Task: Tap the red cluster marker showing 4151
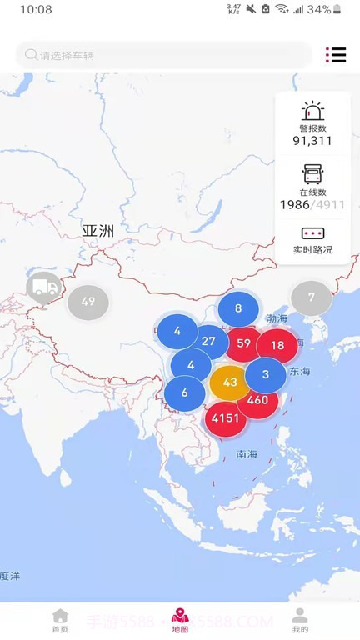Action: pyautogui.click(x=226, y=417)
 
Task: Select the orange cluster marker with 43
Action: pyautogui.click(x=230, y=382)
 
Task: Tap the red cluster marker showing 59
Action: pyautogui.click(x=244, y=342)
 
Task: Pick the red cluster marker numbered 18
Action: pyautogui.click(x=277, y=345)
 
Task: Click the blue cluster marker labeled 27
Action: pyautogui.click(x=208, y=341)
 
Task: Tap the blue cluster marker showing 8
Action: pyautogui.click(x=238, y=308)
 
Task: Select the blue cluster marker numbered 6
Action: pyautogui.click(x=184, y=393)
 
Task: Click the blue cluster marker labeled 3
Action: pyautogui.click(x=266, y=374)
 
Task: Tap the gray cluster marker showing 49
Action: pyautogui.click(x=88, y=302)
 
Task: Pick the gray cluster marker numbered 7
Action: pyautogui.click(x=311, y=297)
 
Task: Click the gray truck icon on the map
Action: pyautogui.click(x=43, y=288)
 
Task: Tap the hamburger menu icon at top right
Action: pyautogui.click(x=336, y=55)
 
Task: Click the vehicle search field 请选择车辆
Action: pyautogui.click(x=163, y=55)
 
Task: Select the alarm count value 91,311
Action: pyautogui.click(x=312, y=140)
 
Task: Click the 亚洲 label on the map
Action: pyautogui.click(x=97, y=230)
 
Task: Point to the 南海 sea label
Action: pyautogui.click(x=247, y=454)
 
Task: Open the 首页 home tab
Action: pyautogui.click(x=60, y=621)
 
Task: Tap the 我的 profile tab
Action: pyautogui.click(x=300, y=621)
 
